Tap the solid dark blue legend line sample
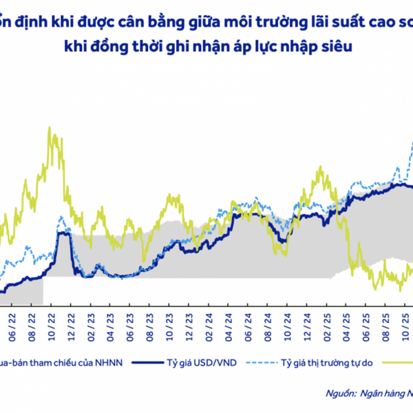point(149,361)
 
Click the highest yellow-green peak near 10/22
point(50,129)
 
